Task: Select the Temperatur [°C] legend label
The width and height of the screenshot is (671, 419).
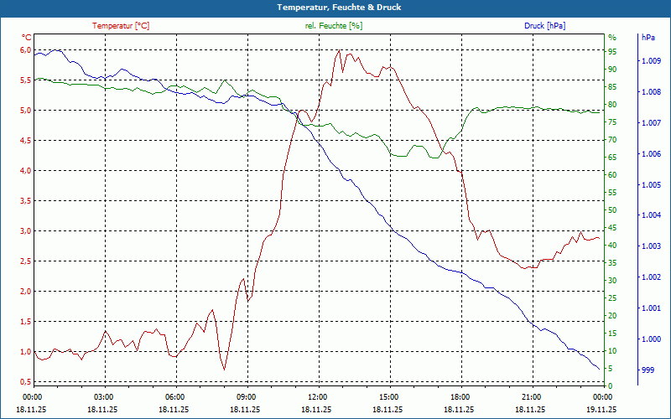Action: tap(121, 26)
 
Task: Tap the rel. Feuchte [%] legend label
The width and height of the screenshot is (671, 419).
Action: tap(334, 26)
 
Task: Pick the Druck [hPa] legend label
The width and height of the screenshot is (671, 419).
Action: tap(544, 26)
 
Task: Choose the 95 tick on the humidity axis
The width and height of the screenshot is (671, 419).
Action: tap(612, 50)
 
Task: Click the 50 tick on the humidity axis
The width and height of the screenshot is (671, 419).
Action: tap(612, 209)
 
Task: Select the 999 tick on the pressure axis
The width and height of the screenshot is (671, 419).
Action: tap(648, 370)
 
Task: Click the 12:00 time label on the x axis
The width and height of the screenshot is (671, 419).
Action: tap(317, 397)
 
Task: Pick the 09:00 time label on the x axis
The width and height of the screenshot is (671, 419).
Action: tap(246, 397)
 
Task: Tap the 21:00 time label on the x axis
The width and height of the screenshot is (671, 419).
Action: tap(531, 397)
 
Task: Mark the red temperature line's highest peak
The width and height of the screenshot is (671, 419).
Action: tap(339, 50)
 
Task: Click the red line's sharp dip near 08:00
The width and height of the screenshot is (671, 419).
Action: tap(224, 369)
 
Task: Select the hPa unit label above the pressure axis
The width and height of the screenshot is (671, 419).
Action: tap(648, 38)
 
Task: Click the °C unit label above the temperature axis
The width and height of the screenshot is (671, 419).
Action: tap(26, 38)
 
